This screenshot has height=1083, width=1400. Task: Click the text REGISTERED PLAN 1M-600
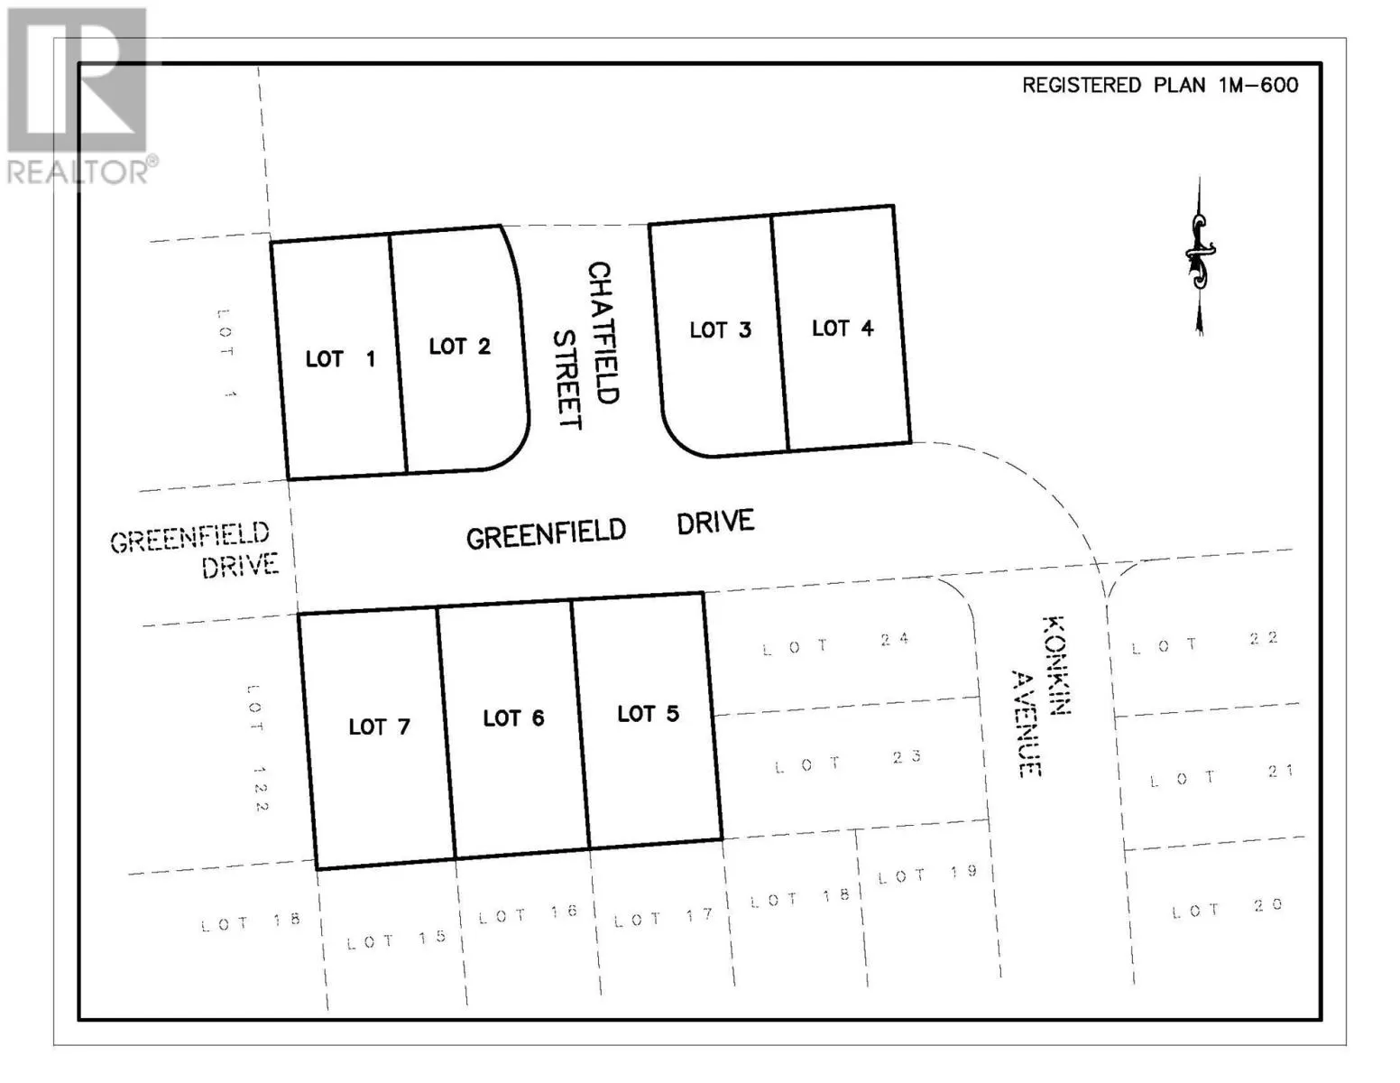1160,86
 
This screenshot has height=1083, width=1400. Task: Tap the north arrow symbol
1199,256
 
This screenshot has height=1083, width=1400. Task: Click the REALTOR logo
78,95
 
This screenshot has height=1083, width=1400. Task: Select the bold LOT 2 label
459,347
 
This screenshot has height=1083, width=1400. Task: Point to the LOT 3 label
720,330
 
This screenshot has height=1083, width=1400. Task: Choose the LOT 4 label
843,329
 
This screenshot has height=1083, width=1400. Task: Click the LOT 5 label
648,714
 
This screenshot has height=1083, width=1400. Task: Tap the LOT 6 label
513,718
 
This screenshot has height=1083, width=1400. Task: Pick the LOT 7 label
379,727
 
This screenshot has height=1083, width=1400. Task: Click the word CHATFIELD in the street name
601,332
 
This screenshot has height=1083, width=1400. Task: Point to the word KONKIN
1055,665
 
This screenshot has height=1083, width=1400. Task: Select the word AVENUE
1026,723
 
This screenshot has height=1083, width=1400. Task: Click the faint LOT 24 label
835,643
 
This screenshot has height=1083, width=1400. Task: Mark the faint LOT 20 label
1227,909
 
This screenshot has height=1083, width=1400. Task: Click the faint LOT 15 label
397,940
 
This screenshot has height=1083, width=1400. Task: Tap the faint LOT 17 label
663,918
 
